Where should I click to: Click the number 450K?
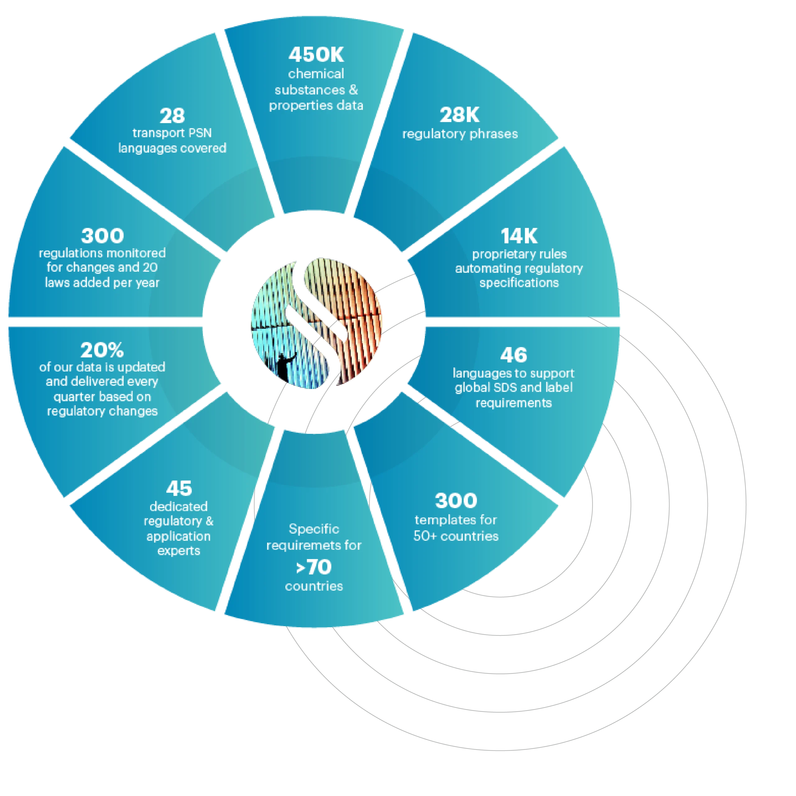click(x=316, y=55)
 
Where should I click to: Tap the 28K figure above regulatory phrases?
click(x=459, y=115)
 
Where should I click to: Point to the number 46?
click(x=513, y=355)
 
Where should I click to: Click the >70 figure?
click(x=314, y=567)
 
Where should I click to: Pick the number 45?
click(x=179, y=489)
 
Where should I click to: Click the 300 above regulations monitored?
click(x=102, y=236)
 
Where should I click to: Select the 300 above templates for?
click(x=456, y=501)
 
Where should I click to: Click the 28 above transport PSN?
click(x=172, y=116)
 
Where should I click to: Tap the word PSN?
click(x=201, y=133)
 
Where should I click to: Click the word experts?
click(x=179, y=551)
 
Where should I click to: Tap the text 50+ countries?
click(x=456, y=536)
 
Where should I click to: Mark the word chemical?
click(x=316, y=74)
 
